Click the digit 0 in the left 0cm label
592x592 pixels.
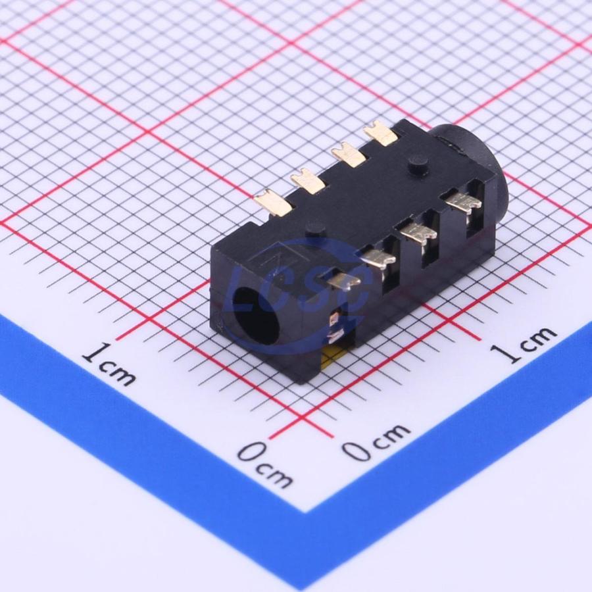click(x=251, y=454)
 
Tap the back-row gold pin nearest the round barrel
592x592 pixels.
click(x=382, y=134)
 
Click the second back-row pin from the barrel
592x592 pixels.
click(x=348, y=155)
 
